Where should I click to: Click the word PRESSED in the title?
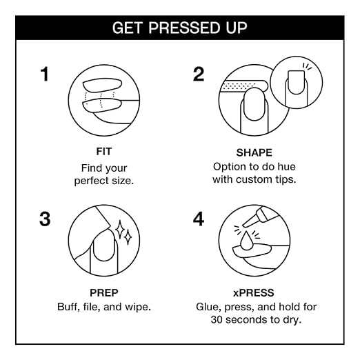(183, 28)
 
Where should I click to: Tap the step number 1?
(45, 74)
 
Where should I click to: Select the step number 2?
(199, 74)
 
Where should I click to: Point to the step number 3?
(45, 219)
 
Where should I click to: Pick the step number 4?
(199, 219)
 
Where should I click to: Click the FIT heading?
(104, 152)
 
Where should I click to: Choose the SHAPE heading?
(254, 152)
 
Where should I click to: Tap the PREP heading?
(104, 293)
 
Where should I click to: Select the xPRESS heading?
(254, 293)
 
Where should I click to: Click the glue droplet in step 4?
(246, 241)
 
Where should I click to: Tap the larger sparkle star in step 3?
(120, 230)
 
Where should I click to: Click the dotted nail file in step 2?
(243, 86)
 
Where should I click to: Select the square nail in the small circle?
(296, 82)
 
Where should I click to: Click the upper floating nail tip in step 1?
(102, 86)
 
